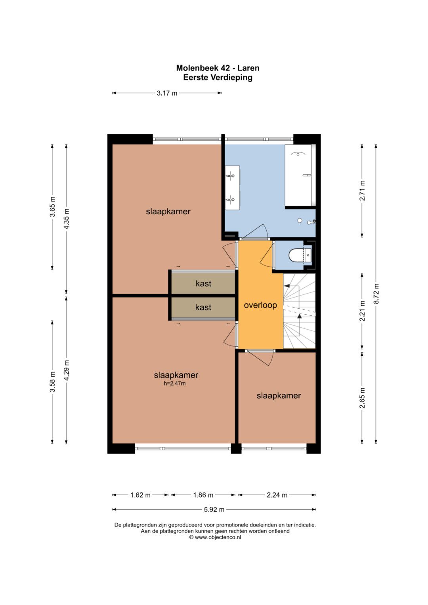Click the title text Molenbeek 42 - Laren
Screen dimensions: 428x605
[x=218, y=68]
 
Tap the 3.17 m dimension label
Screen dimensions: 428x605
[x=167, y=93]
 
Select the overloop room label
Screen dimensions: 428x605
[x=260, y=305]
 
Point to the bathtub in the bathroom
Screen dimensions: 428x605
[x=300, y=175]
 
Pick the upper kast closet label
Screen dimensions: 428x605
[x=203, y=283]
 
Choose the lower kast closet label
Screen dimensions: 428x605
[x=203, y=307]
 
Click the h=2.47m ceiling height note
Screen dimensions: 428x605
[x=174, y=383]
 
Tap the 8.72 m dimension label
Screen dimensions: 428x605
[x=376, y=294]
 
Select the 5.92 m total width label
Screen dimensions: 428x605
[x=214, y=510]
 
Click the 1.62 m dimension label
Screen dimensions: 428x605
[x=140, y=495]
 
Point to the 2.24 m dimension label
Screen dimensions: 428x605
[x=277, y=495]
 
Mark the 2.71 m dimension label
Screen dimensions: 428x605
[x=362, y=191]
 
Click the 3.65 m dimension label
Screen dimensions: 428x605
[x=52, y=207]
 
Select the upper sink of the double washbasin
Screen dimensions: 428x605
[x=231, y=176]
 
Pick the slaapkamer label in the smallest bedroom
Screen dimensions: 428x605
[x=279, y=396]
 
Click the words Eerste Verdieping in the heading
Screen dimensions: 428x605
[x=218, y=78]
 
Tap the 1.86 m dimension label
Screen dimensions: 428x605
[x=203, y=495]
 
